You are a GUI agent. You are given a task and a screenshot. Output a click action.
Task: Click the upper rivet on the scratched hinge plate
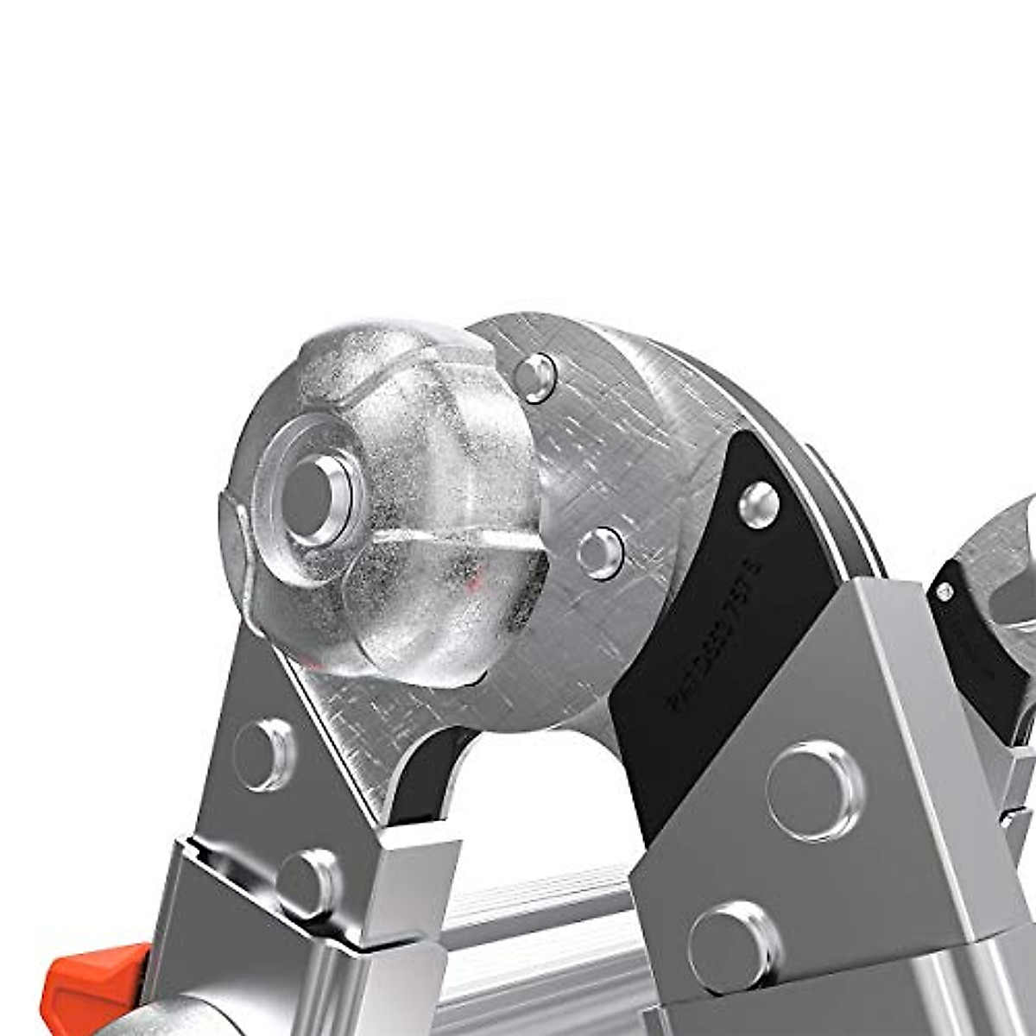tap(536, 376)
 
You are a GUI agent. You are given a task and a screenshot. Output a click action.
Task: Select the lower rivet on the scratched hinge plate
tap(601, 552)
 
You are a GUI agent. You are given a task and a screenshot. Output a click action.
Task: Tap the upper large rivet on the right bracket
tap(815, 791)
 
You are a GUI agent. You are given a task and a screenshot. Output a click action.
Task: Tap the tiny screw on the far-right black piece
tap(945, 591)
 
